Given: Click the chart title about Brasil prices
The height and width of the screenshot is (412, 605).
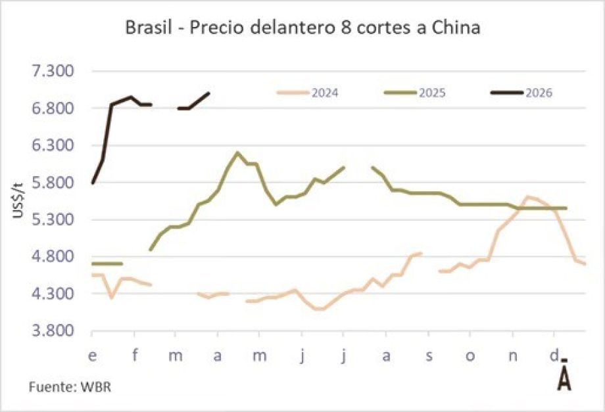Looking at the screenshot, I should [303, 30].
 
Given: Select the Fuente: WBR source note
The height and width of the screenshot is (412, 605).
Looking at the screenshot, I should [69, 386].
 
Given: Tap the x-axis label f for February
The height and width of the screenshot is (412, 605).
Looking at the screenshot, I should [134, 355].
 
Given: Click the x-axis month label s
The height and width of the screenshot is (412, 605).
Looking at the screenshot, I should [429, 355].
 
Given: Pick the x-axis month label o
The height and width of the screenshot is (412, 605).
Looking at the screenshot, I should [470, 355].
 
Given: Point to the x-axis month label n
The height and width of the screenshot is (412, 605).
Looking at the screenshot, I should [513, 355].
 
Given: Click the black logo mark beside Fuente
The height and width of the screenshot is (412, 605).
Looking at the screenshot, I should [564, 377].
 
